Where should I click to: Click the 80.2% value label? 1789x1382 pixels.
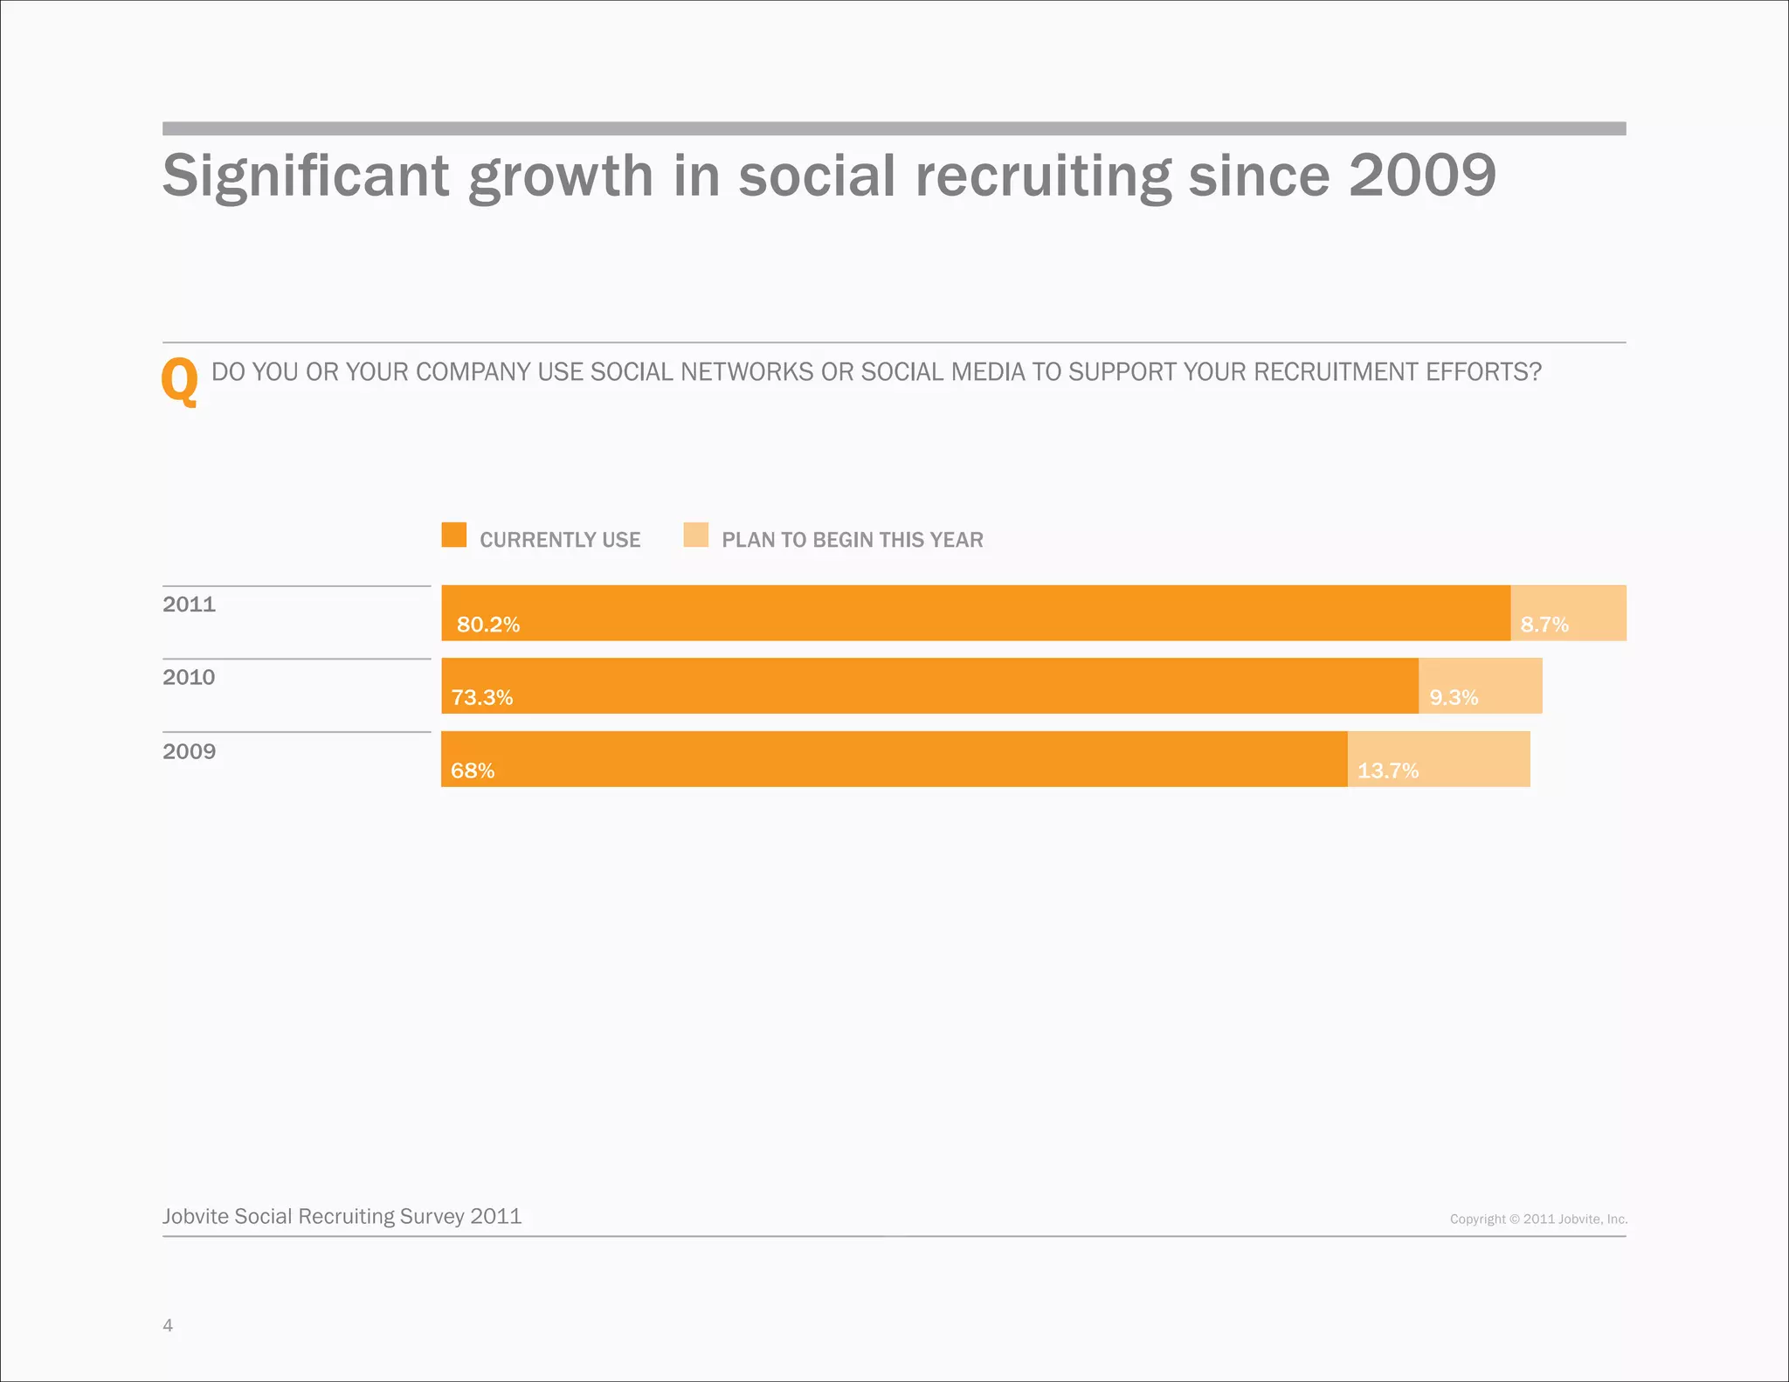(x=488, y=625)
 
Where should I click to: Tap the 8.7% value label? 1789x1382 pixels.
(x=1544, y=625)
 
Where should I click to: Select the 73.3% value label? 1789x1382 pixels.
(x=481, y=697)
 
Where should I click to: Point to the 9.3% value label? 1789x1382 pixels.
(x=1454, y=697)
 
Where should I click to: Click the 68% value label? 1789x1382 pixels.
(x=473, y=770)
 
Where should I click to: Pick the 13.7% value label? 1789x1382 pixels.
(x=1388, y=770)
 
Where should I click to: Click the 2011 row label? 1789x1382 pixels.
(x=189, y=605)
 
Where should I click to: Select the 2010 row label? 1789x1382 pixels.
(x=189, y=677)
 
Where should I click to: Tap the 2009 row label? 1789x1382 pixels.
(x=189, y=751)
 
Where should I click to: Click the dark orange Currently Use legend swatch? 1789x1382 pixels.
(x=454, y=535)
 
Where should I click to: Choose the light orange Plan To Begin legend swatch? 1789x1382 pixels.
(x=696, y=535)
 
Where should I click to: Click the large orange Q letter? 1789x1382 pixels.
(x=180, y=381)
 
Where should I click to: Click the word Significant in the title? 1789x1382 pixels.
(x=306, y=176)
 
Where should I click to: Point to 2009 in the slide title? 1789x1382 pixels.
(x=1422, y=176)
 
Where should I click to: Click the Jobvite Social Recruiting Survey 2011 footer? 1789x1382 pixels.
(x=342, y=1217)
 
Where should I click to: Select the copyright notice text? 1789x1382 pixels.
(x=1538, y=1219)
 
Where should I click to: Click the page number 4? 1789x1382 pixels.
(x=168, y=1325)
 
